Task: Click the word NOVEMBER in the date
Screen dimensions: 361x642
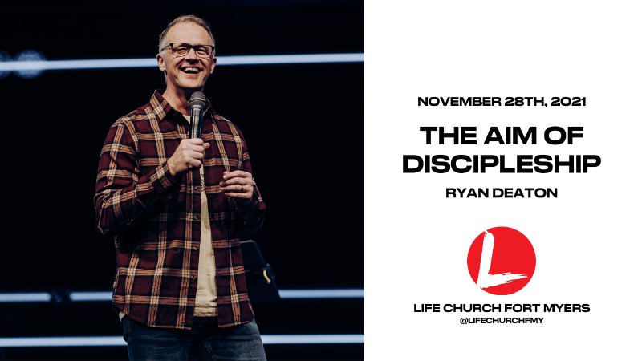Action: tap(454, 103)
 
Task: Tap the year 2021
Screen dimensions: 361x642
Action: tap(567, 103)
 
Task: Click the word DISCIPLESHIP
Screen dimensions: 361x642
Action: tap(502, 163)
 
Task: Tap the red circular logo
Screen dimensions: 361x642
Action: tap(502, 261)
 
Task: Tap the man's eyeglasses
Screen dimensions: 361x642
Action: tap(188, 50)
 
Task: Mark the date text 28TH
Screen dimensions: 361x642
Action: tap(518, 103)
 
